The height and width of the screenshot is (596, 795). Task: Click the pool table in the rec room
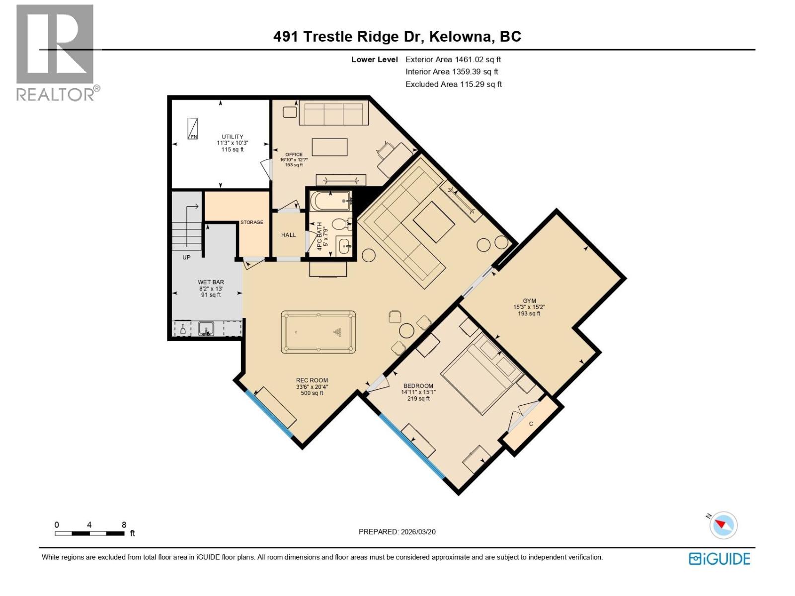click(318, 332)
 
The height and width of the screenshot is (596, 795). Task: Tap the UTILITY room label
click(233, 137)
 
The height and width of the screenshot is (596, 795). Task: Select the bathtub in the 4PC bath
click(331, 202)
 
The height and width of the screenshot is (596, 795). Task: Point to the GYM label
click(529, 301)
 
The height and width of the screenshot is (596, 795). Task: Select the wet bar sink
click(206, 329)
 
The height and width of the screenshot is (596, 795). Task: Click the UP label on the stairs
click(186, 257)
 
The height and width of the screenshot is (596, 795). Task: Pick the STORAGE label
click(252, 222)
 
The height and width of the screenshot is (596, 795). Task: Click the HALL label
click(288, 235)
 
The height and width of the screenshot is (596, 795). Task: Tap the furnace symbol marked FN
click(193, 129)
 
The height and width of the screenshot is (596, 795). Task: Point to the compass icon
click(723, 525)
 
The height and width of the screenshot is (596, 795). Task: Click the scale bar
click(89, 533)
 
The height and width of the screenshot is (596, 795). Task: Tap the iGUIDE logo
click(719, 559)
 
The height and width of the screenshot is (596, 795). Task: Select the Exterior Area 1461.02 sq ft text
click(453, 59)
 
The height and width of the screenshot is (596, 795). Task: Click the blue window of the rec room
click(269, 414)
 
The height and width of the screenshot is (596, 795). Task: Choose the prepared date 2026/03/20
click(397, 531)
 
